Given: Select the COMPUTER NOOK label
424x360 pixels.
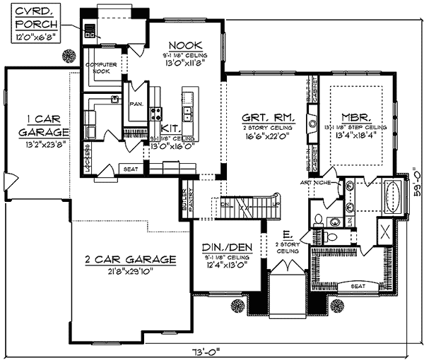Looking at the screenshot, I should [100, 68].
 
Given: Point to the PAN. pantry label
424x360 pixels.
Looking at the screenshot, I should [136, 102].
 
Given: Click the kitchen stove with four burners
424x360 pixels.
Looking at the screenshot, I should [155, 112].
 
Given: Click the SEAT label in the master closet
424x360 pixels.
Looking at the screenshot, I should [358, 286].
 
